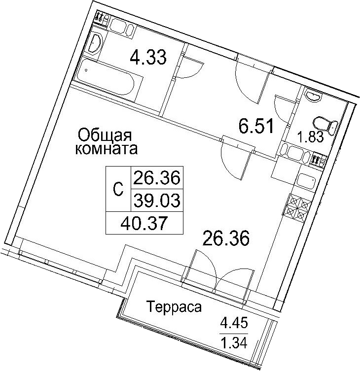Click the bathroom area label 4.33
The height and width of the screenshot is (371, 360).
[148, 57]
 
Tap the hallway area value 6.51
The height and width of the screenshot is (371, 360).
[256, 126]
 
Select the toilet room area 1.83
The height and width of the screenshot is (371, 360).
[311, 137]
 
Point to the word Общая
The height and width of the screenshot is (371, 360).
[105, 136]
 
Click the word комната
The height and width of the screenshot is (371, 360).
[107, 149]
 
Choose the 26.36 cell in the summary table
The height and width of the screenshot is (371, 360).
[157, 178]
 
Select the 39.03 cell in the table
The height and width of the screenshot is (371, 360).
[157, 200]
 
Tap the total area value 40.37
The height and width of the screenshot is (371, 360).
[144, 223]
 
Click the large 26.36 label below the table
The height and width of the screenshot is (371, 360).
[226, 238]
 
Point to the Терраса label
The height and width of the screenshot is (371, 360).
[174, 307]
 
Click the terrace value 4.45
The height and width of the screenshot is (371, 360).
[234, 323]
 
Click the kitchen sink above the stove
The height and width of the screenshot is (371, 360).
[306, 181]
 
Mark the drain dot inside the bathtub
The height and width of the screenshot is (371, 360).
[86, 70]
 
